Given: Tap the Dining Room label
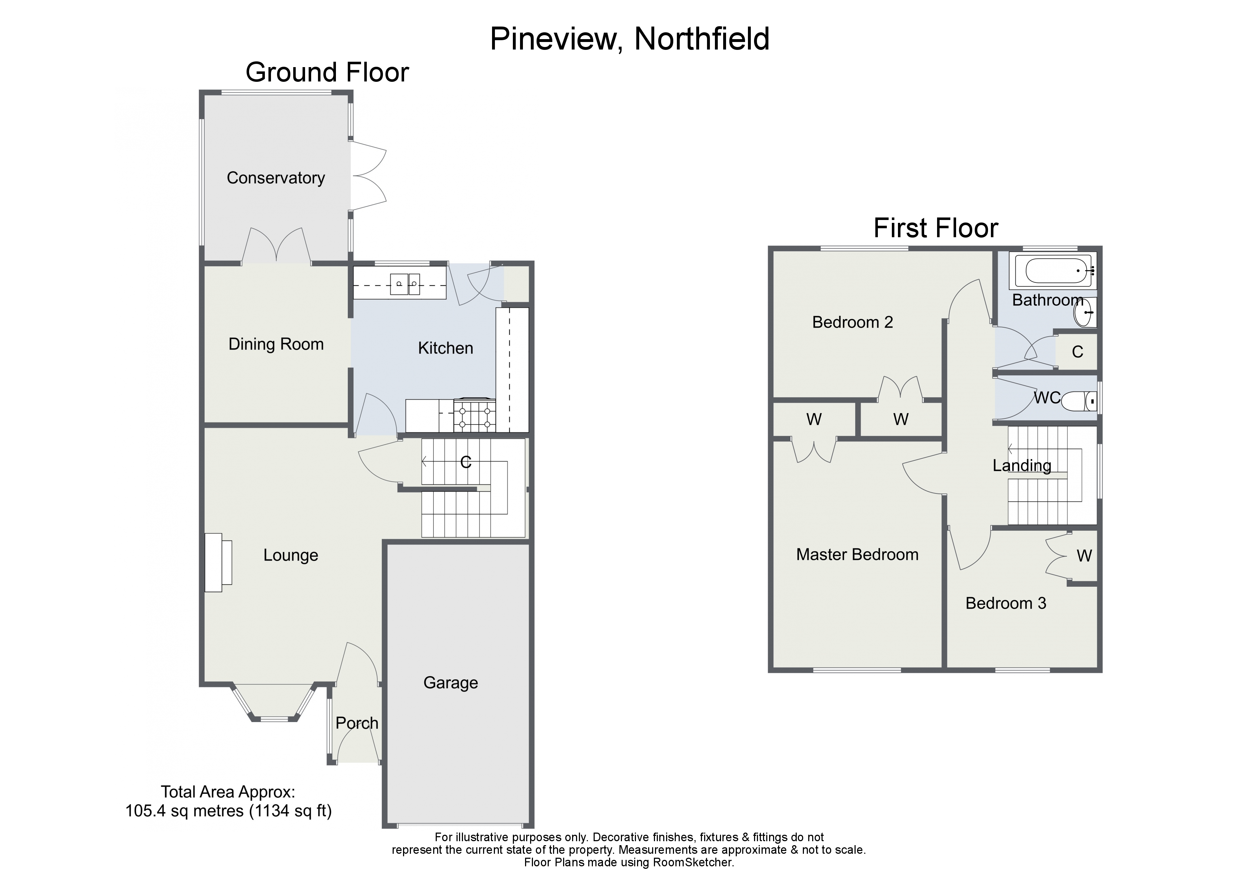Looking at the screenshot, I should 276,345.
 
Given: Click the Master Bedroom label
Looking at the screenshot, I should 857,555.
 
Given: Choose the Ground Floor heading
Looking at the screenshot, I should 327,72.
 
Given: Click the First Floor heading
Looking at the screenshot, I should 936,228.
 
